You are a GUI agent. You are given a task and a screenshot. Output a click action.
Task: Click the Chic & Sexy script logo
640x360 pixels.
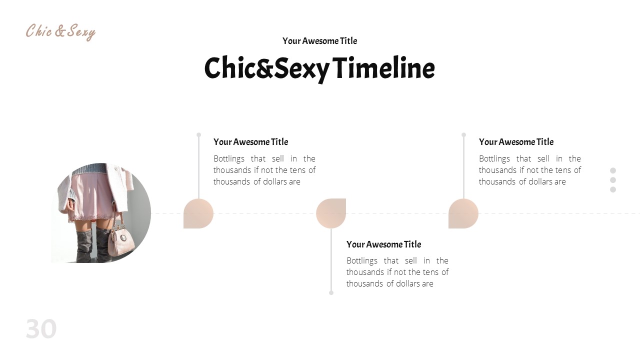click(60, 31)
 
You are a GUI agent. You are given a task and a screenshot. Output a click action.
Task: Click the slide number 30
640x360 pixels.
click(41, 329)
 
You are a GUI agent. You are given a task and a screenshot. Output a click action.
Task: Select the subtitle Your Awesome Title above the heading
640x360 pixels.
click(319, 41)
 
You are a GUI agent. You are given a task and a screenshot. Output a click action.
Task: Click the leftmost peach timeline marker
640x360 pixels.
click(198, 213)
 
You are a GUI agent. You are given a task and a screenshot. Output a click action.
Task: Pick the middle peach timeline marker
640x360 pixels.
click(331, 213)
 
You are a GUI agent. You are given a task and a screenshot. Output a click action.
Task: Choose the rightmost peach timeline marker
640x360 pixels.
click(463, 213)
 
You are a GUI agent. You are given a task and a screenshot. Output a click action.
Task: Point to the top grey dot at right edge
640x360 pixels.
click(613, 170)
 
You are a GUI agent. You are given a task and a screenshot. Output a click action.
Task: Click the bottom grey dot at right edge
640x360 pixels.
click(613, 189)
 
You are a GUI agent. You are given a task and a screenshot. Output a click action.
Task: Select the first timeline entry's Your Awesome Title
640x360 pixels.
click(250, 142)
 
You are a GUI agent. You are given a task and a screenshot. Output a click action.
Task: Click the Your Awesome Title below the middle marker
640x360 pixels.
click(383, 244)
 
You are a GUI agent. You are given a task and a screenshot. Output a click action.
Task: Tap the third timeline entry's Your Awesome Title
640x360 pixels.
click(516, 142)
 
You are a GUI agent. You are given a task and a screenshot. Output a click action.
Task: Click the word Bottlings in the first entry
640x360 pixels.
click(229, 159)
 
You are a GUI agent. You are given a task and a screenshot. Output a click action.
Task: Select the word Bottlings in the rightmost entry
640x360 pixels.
click(494, 159)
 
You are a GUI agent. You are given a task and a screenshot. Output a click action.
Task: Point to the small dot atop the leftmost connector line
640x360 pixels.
click(198, 135)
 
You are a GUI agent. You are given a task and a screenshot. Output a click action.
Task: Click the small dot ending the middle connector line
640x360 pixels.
click(331, 292)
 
